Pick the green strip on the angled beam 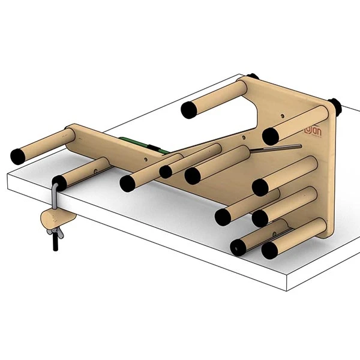coord(135,143)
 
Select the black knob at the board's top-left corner coord(253,77)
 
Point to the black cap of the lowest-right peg coord(270,250)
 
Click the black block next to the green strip coord(154,148)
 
